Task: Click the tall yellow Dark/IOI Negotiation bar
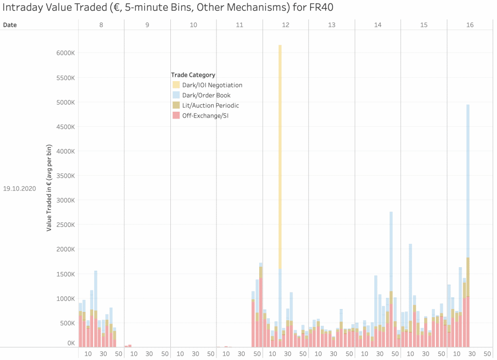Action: (280, 155)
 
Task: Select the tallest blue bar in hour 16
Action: (468, 180)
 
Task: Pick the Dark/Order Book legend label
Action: (206, 95)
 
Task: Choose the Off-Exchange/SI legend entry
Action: (205, 116)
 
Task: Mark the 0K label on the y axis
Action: (71, 343)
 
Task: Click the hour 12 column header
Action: (285, 25)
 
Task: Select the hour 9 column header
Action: (147, 25)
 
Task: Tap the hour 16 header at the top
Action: (470, 25)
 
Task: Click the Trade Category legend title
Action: (193, 75)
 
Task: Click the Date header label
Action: (10, 25)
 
